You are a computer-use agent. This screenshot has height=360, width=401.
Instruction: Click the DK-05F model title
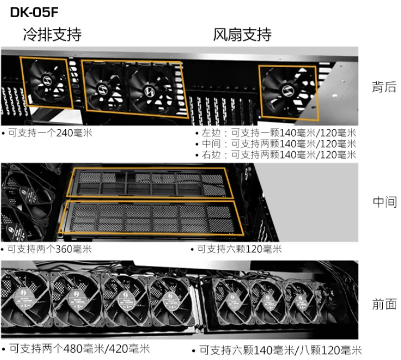click(x=34, y=12)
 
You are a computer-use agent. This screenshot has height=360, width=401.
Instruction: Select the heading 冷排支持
click(x=53, y=34)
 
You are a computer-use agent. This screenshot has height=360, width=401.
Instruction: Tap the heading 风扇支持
click(x=242, y=34)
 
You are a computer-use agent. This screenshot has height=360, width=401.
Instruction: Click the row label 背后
click(x=384, y=86)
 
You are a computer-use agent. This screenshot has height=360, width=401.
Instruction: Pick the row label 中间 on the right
click(x=384, y=202)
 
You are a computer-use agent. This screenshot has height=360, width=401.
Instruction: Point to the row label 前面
click(x=384, y=304)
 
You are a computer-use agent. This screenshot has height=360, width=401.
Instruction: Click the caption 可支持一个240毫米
click(x=50, y=133)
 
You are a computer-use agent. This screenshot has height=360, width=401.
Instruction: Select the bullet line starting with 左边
click(x=279, y=133)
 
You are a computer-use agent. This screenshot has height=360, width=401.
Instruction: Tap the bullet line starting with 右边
click(x=279, y=155)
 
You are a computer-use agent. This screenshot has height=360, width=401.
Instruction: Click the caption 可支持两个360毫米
click(x=49, y=249)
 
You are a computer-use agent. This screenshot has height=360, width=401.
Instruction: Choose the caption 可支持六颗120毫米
click(x=239, y=249)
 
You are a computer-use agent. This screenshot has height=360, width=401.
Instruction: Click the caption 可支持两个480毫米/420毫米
click(x=80, y=348)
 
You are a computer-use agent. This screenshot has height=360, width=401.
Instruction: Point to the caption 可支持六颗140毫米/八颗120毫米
click(x=281, y=350)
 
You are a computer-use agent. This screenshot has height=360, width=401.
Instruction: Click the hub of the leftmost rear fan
click(x=47, y=80)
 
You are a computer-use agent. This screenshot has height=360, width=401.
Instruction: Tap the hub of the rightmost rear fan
click(x=287, y=91)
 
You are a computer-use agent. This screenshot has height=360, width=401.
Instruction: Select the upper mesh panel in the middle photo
click(x=150, y=183)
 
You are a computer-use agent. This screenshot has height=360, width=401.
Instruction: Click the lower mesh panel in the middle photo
click(x=151, y=218)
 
